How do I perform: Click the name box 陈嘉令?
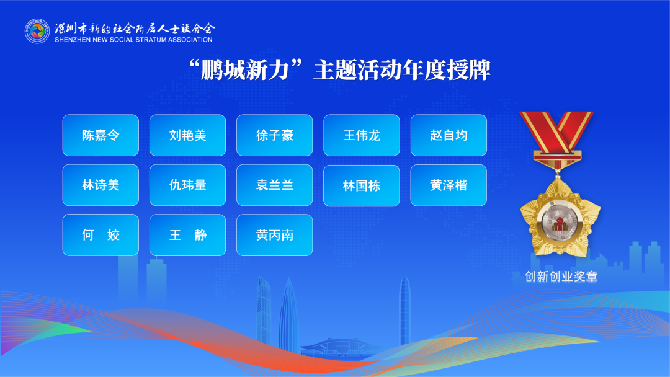(100, 135)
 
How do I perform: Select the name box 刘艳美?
(187, 135)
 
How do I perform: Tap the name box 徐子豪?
(274, 135)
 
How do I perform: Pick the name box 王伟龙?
(362, 135)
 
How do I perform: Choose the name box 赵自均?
(449, 135)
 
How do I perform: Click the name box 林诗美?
(100, 185)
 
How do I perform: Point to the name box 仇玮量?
(187, 185)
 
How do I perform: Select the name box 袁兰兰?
(274, 185)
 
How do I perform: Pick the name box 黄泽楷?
(449, 185)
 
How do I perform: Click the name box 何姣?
(100, 235)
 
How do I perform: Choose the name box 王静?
(187, 235)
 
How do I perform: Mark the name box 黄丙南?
(274, 235)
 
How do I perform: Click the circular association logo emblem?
(37, 31)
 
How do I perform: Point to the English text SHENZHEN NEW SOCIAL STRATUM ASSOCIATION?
(133, 40)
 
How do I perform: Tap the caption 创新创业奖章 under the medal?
(561, 277)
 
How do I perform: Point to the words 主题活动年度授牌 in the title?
(401, 70)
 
